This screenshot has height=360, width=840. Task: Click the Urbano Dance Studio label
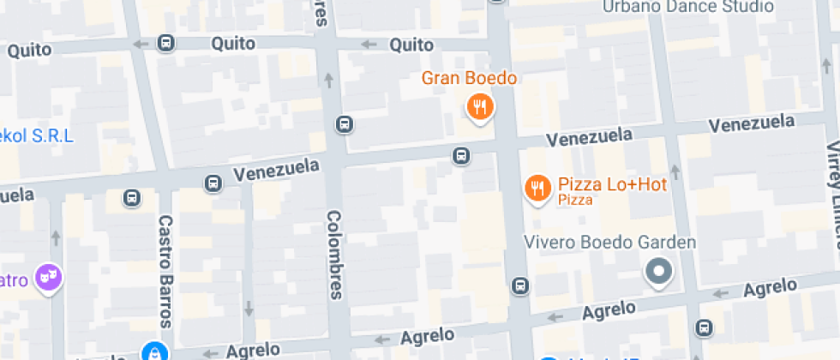(x=687, y=7)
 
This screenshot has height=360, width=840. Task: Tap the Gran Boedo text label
(x=469, y=79)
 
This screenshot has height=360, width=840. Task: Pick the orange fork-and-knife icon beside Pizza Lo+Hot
(x=537, y=188)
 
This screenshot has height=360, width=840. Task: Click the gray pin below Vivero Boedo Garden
(x=659, y=273)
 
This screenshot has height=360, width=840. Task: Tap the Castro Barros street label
(x=165, y=271)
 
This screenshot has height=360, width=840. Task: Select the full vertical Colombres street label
(x=335, y=255)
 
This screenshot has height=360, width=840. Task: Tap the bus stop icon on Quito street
(x=165, y=43)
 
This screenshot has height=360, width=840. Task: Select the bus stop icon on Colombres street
(x=344, y=124)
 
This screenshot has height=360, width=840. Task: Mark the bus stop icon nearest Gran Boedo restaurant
(x=461, y=155)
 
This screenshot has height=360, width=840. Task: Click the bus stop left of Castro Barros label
(x=131, y=198)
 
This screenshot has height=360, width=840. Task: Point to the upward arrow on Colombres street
(x=328, y=81)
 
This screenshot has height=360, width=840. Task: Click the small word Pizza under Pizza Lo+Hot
(x=575, y=200)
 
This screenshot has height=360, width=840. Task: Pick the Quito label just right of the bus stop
(x=229, y=42)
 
